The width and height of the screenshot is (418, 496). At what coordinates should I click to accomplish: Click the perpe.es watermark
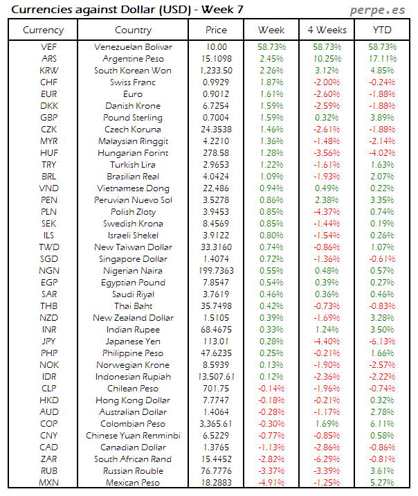tap(379, 10)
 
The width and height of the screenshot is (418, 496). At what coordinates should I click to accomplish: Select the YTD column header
tap(383, 30)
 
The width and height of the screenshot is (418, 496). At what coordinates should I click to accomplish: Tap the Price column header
tap(216, 30)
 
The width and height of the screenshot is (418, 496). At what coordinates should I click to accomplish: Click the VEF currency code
tap(49, 46)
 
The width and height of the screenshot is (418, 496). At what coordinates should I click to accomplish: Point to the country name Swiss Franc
tap(133, 82)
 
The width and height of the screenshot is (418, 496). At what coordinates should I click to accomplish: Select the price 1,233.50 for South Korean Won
tap(216, 70)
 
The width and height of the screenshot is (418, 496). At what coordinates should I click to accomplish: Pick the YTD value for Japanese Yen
tap(383, 341)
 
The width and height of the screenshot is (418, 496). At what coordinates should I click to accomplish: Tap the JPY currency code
tap(49, 341)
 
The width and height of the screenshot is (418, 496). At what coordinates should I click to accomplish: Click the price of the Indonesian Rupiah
tap(216, 376)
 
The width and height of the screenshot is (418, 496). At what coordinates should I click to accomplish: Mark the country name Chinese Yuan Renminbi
tap(133, 435)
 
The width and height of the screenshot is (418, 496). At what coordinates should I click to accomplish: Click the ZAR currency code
tap(49, 459)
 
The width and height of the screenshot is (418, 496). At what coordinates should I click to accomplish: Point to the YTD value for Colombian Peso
tap(383, 423)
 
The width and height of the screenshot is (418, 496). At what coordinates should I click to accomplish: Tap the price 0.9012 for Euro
tap(216, 94)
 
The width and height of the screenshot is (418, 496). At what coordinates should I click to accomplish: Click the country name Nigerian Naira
tap(133, 270)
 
